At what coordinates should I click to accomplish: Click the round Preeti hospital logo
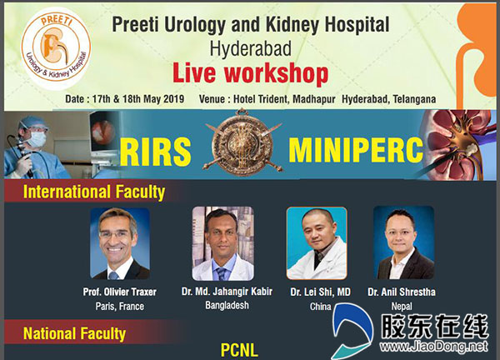(56, 47)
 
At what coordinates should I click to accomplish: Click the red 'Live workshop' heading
(250, 73)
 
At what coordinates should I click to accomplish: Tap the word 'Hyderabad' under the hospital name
(250, 49)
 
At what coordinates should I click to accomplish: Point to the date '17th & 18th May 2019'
(138, 99)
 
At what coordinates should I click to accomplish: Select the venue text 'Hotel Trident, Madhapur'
(284, 99)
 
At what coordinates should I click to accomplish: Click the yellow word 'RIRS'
(156, 152)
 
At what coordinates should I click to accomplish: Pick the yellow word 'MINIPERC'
(356, 150)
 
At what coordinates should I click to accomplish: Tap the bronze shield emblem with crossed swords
(242, 142)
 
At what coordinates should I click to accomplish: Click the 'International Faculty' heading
(94, 192)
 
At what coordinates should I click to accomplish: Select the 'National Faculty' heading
(75, 334)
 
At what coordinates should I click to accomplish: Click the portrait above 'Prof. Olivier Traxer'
(120, 243)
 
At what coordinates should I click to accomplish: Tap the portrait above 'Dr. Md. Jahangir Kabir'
(222, 243)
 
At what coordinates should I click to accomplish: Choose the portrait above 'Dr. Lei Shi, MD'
(317, 243)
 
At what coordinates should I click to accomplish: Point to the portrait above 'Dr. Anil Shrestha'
(403, 242)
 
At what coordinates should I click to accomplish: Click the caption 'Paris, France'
(120, 307)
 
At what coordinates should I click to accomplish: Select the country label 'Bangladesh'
(227, 305)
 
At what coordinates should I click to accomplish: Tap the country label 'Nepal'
(402, 307)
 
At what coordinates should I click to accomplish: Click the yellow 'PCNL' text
(239, 351)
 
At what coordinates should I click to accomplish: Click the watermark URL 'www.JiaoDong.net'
(433, 346)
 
